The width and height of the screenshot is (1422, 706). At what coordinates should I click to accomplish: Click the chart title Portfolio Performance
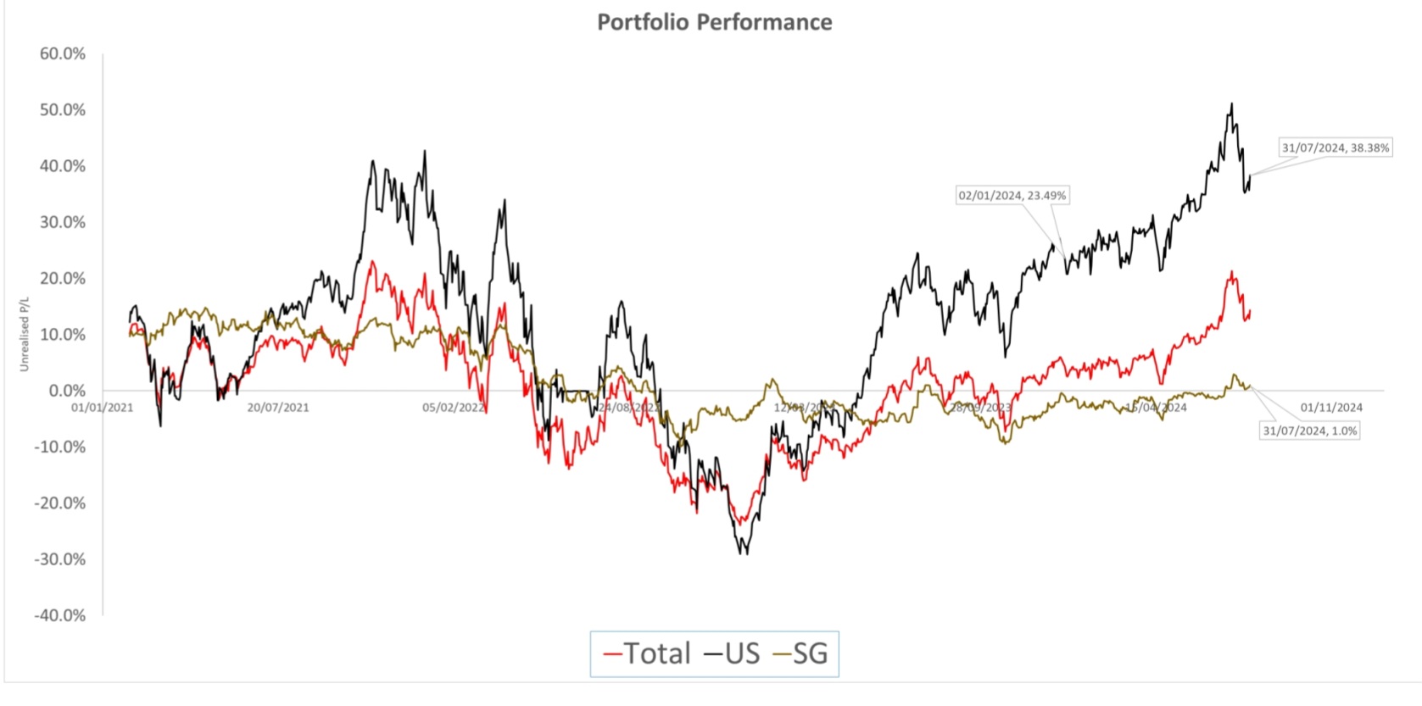coord(714,22)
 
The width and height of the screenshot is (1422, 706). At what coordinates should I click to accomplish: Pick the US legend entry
coord(732,653)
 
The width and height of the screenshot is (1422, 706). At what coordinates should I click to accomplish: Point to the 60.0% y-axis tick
coord(63,54)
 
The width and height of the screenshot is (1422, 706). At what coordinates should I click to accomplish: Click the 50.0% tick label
coord(63,110)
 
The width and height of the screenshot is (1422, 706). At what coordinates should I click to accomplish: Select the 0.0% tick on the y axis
coord(67,391)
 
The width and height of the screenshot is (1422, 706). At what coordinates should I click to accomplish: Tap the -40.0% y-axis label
coord(60,615)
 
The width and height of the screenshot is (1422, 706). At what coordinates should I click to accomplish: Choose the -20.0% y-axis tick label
coord(60,503)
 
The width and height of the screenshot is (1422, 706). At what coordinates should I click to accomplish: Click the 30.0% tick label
coord(63,222)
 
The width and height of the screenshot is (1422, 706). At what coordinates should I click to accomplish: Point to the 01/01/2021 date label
coord(103,408)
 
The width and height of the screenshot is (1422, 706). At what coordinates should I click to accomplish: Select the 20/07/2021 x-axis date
coord(278,408)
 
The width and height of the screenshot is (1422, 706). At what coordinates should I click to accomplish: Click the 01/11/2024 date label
coord(1331,408)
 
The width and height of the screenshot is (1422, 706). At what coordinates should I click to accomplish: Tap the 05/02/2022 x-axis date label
coord(454,408)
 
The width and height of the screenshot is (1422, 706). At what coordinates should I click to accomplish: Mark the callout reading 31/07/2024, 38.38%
coord(1336,147)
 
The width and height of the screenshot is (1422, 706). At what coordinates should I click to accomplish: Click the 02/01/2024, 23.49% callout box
coord(1012,196)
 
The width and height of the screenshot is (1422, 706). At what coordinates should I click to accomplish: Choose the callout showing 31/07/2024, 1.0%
coord(1310,431)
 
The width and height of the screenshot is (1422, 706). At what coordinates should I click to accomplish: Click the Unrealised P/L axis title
coord(25,334)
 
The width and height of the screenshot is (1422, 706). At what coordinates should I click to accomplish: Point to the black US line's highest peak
coord(1231,104)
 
